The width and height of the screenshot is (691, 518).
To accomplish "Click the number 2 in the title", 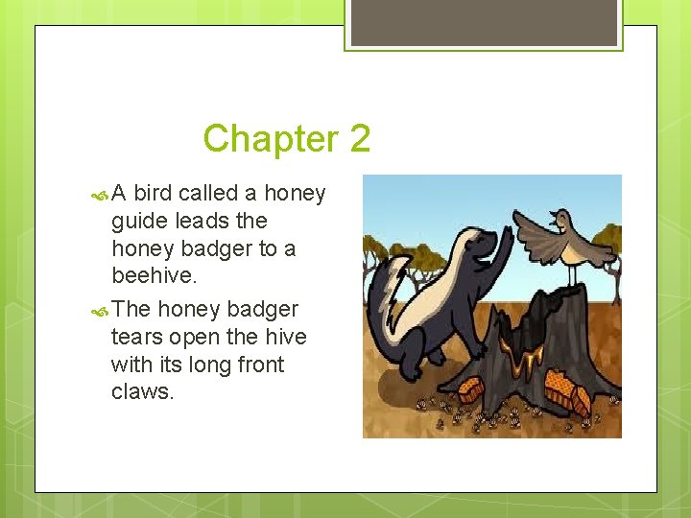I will [360, 139].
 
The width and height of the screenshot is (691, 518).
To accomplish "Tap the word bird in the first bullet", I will [153, 194].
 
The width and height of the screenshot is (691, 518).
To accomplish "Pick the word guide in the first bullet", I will [139, 222].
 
